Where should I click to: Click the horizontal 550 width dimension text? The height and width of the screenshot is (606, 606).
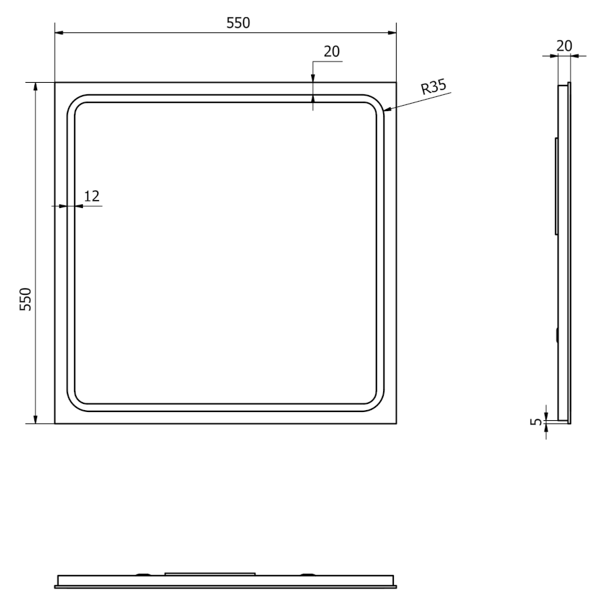click(x=238, y=23)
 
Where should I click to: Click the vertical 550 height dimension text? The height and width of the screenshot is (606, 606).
click(x=26, y=299)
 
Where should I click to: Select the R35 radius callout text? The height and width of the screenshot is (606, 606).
click(x=434, y=87)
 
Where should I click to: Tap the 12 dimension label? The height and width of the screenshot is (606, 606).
click(x=92, y=197)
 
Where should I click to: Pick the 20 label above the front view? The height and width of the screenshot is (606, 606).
click(x=331, y=51)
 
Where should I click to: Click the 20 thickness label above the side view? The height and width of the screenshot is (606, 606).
click(x=564, y=46)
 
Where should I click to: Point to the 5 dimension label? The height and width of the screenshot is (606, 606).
click(x=536, y=422)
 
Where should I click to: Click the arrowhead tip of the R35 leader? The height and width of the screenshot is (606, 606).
click(x=384, y=111)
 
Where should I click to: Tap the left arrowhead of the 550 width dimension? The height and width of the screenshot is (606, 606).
click(x=55, y=33)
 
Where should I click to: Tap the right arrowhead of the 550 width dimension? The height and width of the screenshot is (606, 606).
click(x=396, y=33)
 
